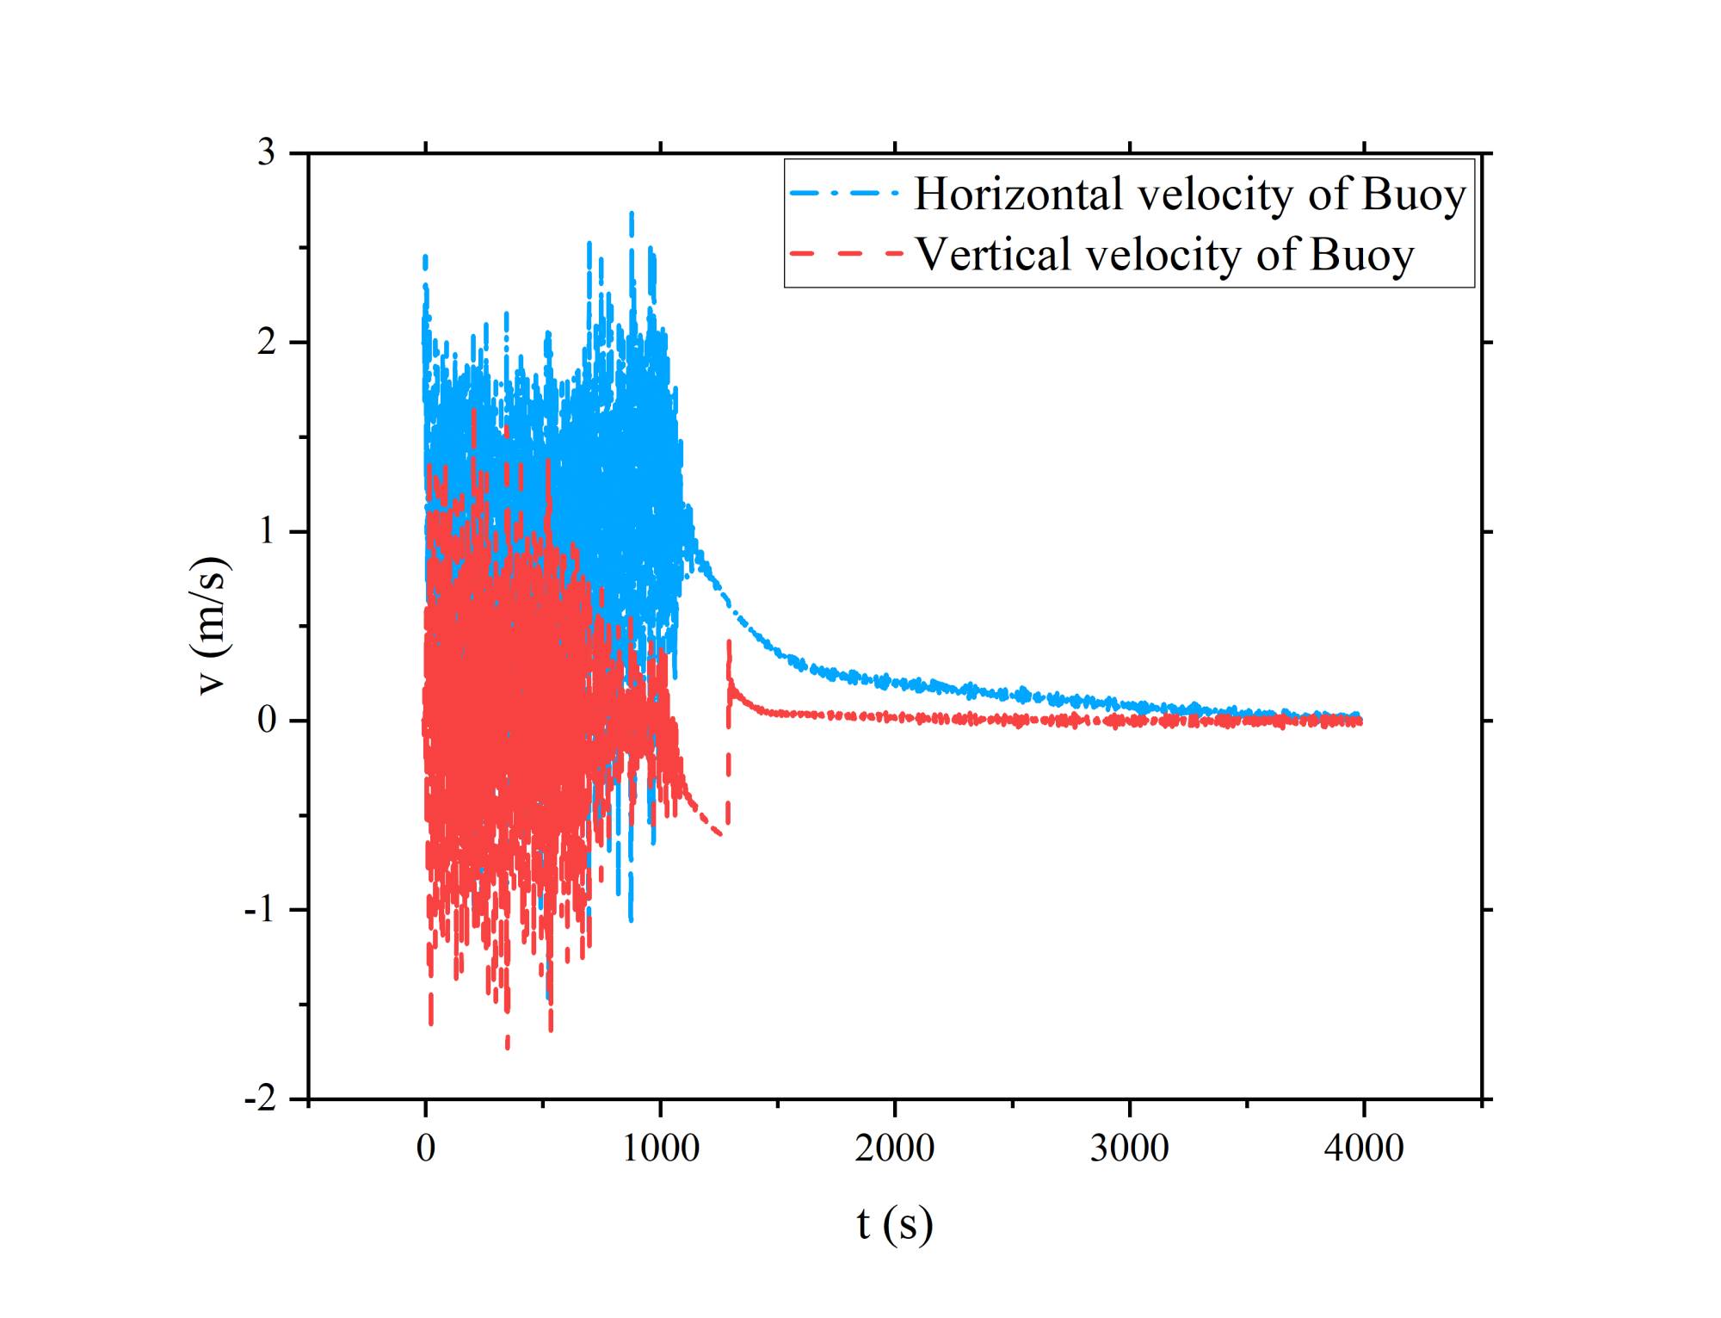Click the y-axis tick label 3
click(x=267, y=153)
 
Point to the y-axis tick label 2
click(x=267, y=343)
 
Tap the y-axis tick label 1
click(x=267, y=531)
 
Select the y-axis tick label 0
click(x=267, y=721)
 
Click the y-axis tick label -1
click(x=261, y=910)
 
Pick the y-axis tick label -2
click(x=261, y=1099)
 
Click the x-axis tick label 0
click(x=426, y=1148)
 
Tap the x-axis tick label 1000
click(x=660, y=1148)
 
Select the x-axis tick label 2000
click(x=895, y=1148)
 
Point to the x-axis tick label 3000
click(x=1129, y=1148)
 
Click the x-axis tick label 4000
click(x=1364, y=1148)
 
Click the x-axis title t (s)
click(x=895, y=1224)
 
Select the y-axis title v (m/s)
click(x=213, y=626)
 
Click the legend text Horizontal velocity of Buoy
click(x=1189, y=195)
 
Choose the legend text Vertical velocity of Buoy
click(x=1164, y=255)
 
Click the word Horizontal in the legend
click(x=1019, y=195)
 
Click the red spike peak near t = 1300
click(x=729, y=642)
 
